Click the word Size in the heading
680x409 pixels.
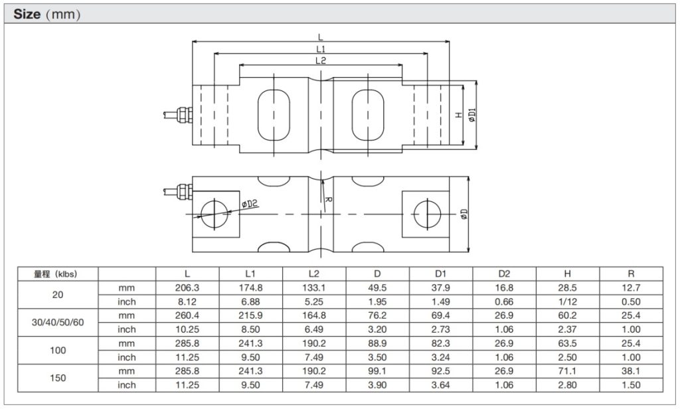pos(27,13)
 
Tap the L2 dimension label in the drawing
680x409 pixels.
pos(321,60)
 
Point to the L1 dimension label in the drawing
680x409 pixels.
pos(321,49)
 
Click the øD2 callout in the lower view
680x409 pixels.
pos(250,205)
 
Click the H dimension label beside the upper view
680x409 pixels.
pos(459,115)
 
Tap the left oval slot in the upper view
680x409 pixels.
pos(274,114)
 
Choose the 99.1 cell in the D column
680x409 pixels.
pos(377,371)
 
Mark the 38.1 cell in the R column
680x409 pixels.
pos(631,371)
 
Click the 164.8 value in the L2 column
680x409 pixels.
pos(314,316)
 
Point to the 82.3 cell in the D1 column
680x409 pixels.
pos(441,343)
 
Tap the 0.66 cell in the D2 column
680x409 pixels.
pos(504,302)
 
